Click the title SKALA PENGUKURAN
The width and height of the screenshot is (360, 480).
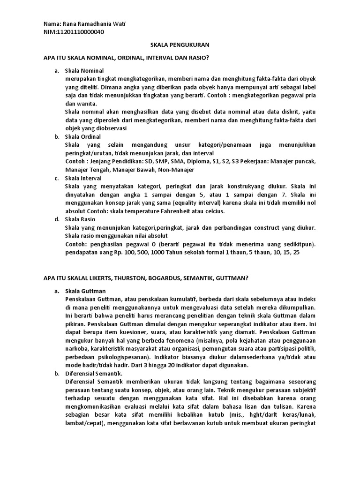[x=179, y=45]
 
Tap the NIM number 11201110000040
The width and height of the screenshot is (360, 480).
[x=80, y=32]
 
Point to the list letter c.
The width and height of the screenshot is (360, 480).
[x=56, y=178]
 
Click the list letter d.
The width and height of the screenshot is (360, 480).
[x=56, y=219]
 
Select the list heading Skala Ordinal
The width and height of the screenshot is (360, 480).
[x=83, y=137]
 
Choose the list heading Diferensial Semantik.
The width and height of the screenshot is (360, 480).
[x=94, y=373]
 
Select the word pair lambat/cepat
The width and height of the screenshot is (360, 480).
[x=85, y=422]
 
